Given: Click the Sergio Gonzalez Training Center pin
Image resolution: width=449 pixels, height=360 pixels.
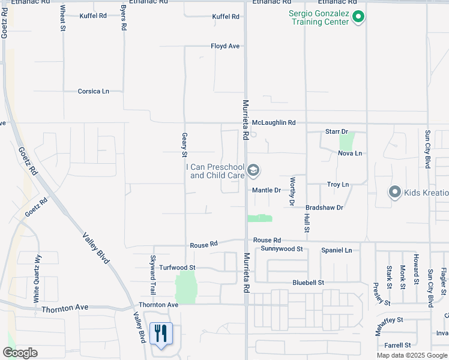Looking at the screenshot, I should coord(358,17).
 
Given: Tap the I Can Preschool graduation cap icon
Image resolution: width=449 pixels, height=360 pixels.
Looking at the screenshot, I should coord(253,171).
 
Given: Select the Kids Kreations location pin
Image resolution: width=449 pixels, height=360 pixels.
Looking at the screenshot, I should coord(394,192).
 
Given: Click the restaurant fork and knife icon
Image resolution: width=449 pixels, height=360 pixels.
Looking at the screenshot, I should coord(160,333).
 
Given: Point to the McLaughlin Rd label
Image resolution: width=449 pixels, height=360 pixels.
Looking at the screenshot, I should coord(274,122).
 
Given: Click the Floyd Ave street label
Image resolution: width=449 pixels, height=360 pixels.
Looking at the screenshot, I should coord(225,46).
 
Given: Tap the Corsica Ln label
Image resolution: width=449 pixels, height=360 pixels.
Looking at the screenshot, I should coord(93,91).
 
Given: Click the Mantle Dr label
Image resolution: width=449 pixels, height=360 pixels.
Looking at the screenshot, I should coord(267,190).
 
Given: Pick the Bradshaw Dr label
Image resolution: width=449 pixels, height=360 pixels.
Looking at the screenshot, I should coord(324,208).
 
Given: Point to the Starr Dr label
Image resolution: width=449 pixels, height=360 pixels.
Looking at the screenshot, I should coord(337,131).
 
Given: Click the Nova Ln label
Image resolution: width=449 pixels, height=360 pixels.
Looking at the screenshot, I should coord(350,154).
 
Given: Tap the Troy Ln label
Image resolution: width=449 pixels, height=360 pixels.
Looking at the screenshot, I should coord(338,185).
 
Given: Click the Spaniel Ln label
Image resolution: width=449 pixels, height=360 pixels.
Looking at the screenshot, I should coord(336,250).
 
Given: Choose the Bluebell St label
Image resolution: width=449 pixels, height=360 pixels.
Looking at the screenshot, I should coord(308,282).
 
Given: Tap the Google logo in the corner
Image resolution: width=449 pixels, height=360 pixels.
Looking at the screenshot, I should coord(20,353).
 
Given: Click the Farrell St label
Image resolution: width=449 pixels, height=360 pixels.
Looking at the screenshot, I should coord(397,345).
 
